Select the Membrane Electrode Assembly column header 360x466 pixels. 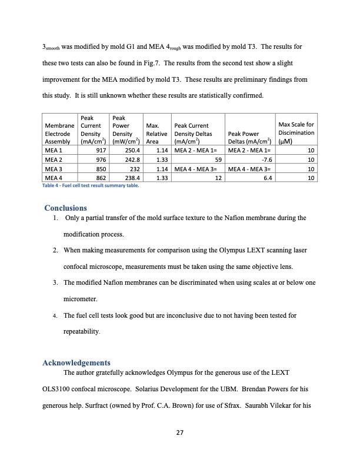tap(59, 133)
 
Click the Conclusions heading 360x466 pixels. tap(66, 208)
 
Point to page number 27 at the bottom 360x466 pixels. tap(180, 434)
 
